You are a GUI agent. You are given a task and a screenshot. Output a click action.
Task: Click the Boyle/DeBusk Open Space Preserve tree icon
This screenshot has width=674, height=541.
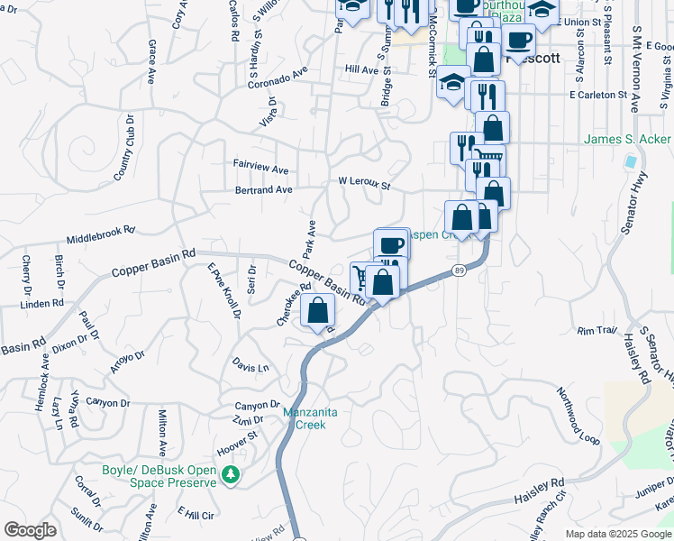[232, 473]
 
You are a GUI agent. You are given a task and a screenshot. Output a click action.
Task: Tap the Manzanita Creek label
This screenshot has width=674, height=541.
[310, 418]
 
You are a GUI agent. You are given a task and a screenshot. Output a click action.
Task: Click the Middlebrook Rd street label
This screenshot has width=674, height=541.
[100, 235]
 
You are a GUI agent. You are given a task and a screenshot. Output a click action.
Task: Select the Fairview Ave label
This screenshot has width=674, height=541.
[260, 169]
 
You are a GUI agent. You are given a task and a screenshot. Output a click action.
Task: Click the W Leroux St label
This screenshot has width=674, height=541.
[364, 183]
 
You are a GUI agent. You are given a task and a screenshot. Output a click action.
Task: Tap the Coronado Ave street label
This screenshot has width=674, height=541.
[278, 78]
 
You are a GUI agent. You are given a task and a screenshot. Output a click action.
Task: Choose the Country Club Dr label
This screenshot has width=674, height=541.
[123, 147]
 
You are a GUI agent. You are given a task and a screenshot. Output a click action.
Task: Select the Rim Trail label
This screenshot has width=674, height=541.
[597, 331]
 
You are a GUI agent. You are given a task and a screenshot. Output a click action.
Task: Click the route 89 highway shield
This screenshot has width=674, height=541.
[459, 270]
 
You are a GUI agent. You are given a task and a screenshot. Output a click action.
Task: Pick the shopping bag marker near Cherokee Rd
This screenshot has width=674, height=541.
[317, 311]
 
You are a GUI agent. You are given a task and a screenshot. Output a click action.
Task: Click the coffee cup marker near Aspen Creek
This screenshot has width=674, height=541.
[391, 244]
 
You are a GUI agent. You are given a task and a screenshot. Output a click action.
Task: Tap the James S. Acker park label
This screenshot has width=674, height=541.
[628, 140]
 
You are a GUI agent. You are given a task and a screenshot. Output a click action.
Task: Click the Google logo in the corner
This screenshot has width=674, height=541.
[30, 529]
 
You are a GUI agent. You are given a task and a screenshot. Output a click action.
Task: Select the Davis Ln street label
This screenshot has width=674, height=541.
[250, 367]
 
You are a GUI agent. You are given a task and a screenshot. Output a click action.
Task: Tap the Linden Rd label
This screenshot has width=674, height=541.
[41, 304]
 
